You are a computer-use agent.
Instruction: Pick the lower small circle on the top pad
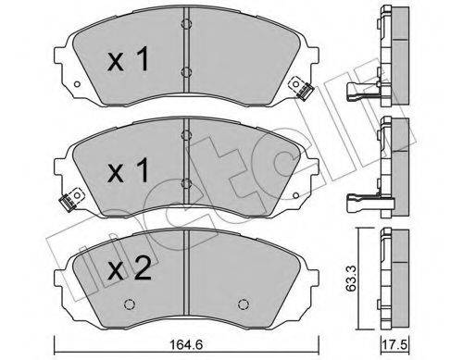point(185,72)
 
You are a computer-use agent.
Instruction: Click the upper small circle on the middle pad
point(185,135)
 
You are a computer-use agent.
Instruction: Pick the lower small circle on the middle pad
point(185,182)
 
